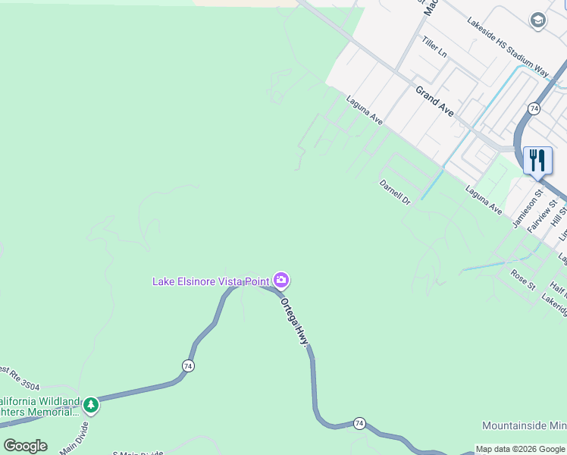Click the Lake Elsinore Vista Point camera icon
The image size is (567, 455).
tap(281, 281)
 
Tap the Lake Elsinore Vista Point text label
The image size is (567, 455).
tap(211, 281)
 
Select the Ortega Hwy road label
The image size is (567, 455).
tap(296, 322)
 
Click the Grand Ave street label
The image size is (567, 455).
tap(434, 101)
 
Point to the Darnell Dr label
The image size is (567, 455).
tap(394, 193)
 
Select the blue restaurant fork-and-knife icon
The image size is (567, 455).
tap(537, 160)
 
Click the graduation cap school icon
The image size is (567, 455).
tap(538, 20)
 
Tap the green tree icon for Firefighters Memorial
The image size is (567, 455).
tap(91, 405)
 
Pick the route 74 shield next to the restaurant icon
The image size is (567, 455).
tap(534, 108)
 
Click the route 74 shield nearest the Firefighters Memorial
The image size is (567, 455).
tap(187, 366)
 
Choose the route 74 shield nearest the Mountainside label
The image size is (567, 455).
tap(359, 422)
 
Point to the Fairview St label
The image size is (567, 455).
tap(543, 215)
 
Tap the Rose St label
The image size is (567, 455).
tap(522, 279)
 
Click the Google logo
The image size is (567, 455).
tap(25, 446)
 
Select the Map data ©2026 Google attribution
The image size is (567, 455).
tap(521, 449)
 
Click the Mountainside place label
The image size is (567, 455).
tap(524, 426)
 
